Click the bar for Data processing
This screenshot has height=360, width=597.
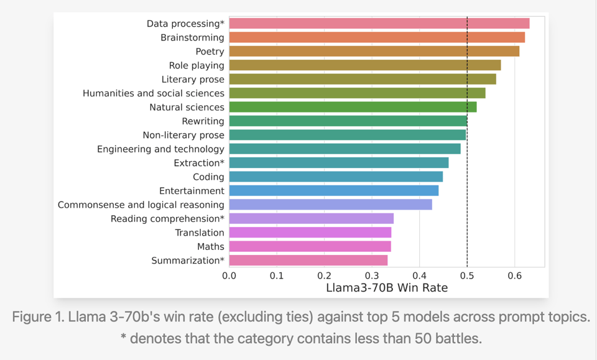(379, 24)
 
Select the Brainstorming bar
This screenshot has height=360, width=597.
(377, 37)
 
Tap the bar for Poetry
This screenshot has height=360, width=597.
(374, 52)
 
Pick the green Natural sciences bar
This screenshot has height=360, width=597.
(353, 107)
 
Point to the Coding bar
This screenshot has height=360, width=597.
(336, 177)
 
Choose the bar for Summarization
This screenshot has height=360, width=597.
(308, 261)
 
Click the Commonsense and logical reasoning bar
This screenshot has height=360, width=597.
(330, 205)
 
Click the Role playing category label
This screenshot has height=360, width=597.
(197, 65)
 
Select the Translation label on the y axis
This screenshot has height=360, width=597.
(200, 233)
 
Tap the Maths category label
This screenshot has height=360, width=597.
(211, 246)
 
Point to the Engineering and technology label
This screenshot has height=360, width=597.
(160, 149)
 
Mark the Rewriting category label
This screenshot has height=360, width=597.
(203, 121)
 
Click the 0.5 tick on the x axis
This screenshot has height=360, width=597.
(467, 275)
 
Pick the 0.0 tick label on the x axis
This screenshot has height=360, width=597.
(229, 275)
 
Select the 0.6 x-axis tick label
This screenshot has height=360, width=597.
(514, 275)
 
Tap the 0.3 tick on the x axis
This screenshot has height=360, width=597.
(372, 275)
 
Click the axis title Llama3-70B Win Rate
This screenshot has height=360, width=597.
(387, 288)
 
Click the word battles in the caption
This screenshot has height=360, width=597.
(460, 339)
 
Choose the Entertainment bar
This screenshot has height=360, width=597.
(334, 191)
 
